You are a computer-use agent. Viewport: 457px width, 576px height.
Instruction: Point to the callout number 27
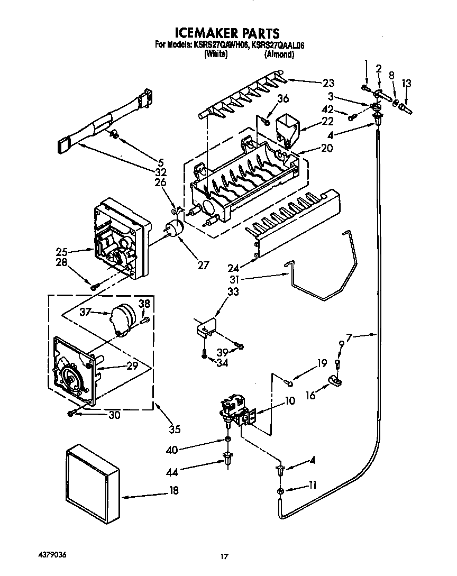(x=203, y=266)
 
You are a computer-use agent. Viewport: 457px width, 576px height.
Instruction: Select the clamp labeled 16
(x=333, y=380)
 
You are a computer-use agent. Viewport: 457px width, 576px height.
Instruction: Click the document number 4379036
(x=52, y=555)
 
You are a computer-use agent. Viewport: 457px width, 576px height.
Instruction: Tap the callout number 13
(x=406, y=83)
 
